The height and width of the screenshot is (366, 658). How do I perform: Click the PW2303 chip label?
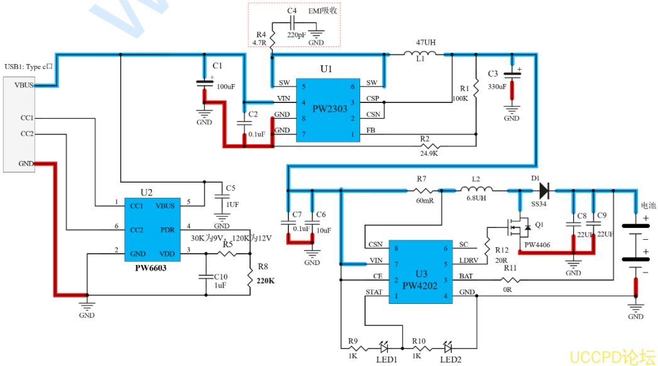coord(330,109)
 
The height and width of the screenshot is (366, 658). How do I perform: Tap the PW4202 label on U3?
coord(420,286)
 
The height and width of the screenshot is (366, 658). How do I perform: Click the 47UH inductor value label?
coord(425,43)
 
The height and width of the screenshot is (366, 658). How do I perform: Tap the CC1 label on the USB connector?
coord(26,117)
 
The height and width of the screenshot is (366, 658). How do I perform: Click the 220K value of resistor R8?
coord(265,281)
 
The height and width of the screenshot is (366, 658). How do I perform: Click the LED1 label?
coord(387,359)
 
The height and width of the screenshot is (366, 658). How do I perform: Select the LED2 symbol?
coord(447,346)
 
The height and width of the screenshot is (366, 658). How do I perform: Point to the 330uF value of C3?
coord(496,86)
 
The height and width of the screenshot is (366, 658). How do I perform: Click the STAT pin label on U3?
coord(374,292)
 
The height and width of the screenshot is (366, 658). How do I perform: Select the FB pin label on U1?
coord(371,131)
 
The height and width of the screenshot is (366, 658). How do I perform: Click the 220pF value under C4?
coord(296,36)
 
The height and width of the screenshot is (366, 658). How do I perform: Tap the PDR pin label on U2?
coord(168,230)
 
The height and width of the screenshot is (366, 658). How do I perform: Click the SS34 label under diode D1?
coord(539,204)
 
